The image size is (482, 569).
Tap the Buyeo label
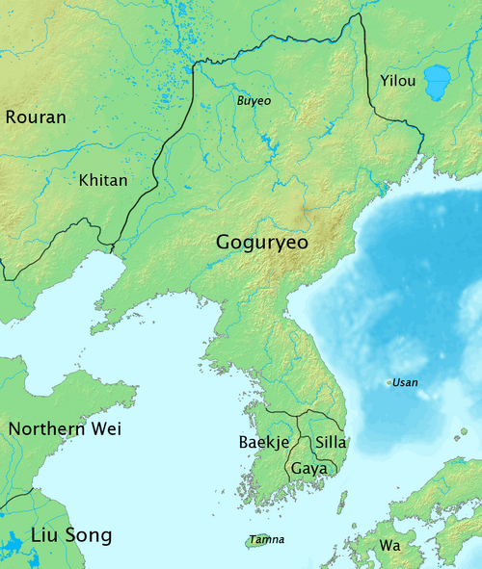[254, 100]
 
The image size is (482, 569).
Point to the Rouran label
[36, 117]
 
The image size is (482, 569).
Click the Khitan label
[102, 180]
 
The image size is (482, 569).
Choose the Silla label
[331, 443]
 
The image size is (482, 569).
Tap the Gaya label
[309, 468]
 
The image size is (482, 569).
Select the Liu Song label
[71, 534]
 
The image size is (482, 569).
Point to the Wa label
[389, 545]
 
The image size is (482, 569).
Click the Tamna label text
[266, 540]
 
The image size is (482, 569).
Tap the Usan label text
[406, 383]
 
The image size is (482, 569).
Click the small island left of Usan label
[389, 383]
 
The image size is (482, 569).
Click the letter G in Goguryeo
[225, 244]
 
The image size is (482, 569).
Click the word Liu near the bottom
[42, 534]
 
